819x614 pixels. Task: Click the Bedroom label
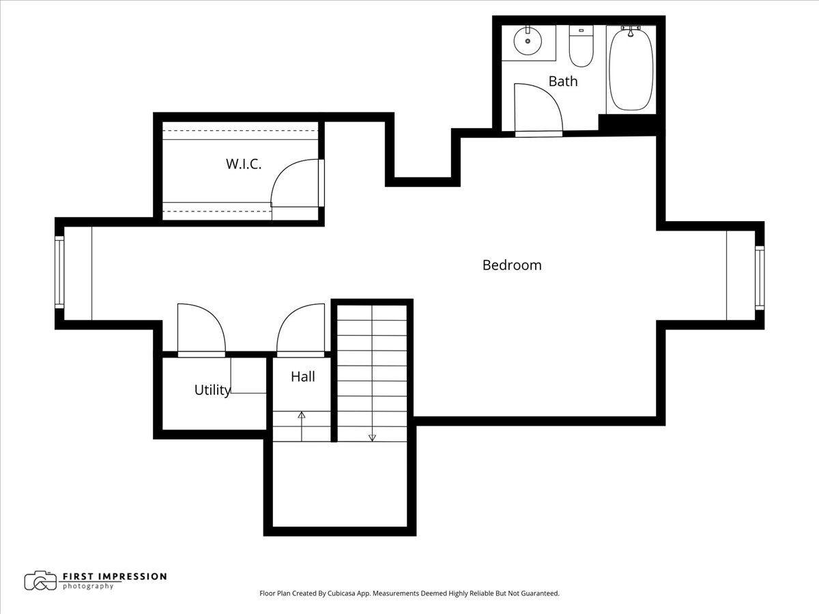[x=512, y=265]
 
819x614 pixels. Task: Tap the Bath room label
[x=563, y=81]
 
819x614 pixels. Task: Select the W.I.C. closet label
[x=244, y=164]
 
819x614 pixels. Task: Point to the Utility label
[x=213, y=390]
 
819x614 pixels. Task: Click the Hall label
[x=303, y=377]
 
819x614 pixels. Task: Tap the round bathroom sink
[x=528, y=41]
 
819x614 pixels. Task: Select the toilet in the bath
[x=581, y=46]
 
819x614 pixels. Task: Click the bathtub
[x=631, y=70]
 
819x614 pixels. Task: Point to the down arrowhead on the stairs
[x=372, y=438]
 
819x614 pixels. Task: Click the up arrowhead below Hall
[x=302, y=415]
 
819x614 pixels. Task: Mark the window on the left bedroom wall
[x=59, y=272]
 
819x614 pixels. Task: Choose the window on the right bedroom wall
[x=760, y=278]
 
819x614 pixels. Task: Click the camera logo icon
[x=41, y=581]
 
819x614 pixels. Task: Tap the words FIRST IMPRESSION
[x=115, y=576]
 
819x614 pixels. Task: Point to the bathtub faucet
[x=631, y=31]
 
